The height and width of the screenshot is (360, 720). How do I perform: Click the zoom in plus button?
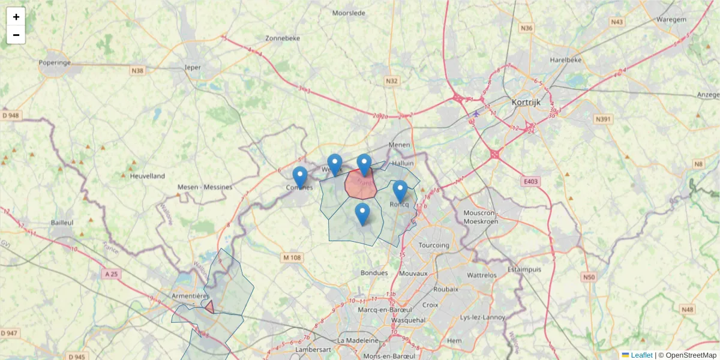coord(16,17)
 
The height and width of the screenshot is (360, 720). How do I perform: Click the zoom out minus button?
coord(16,35)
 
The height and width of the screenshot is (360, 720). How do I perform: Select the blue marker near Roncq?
coord(400,191)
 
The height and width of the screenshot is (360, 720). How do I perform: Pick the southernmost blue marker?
coord(362,214)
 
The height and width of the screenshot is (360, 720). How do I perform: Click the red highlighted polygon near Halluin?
coord(361,185)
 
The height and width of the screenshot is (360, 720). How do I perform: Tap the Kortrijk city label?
coord(526,102)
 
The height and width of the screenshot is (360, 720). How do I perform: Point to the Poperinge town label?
coord(55,62)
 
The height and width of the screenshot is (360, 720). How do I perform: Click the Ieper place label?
coord(193,67)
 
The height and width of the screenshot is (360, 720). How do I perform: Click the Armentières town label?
coord(190,296)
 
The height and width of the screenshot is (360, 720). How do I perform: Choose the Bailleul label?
coord(62,222)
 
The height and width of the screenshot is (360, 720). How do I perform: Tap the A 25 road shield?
coord(111,274)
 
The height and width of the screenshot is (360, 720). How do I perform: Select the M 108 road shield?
coord(292,257)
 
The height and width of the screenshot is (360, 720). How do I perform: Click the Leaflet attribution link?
coord(641,355)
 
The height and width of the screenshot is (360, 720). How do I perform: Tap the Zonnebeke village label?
coord(282,38)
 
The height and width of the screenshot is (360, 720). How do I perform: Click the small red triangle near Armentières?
coord(209,307)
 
